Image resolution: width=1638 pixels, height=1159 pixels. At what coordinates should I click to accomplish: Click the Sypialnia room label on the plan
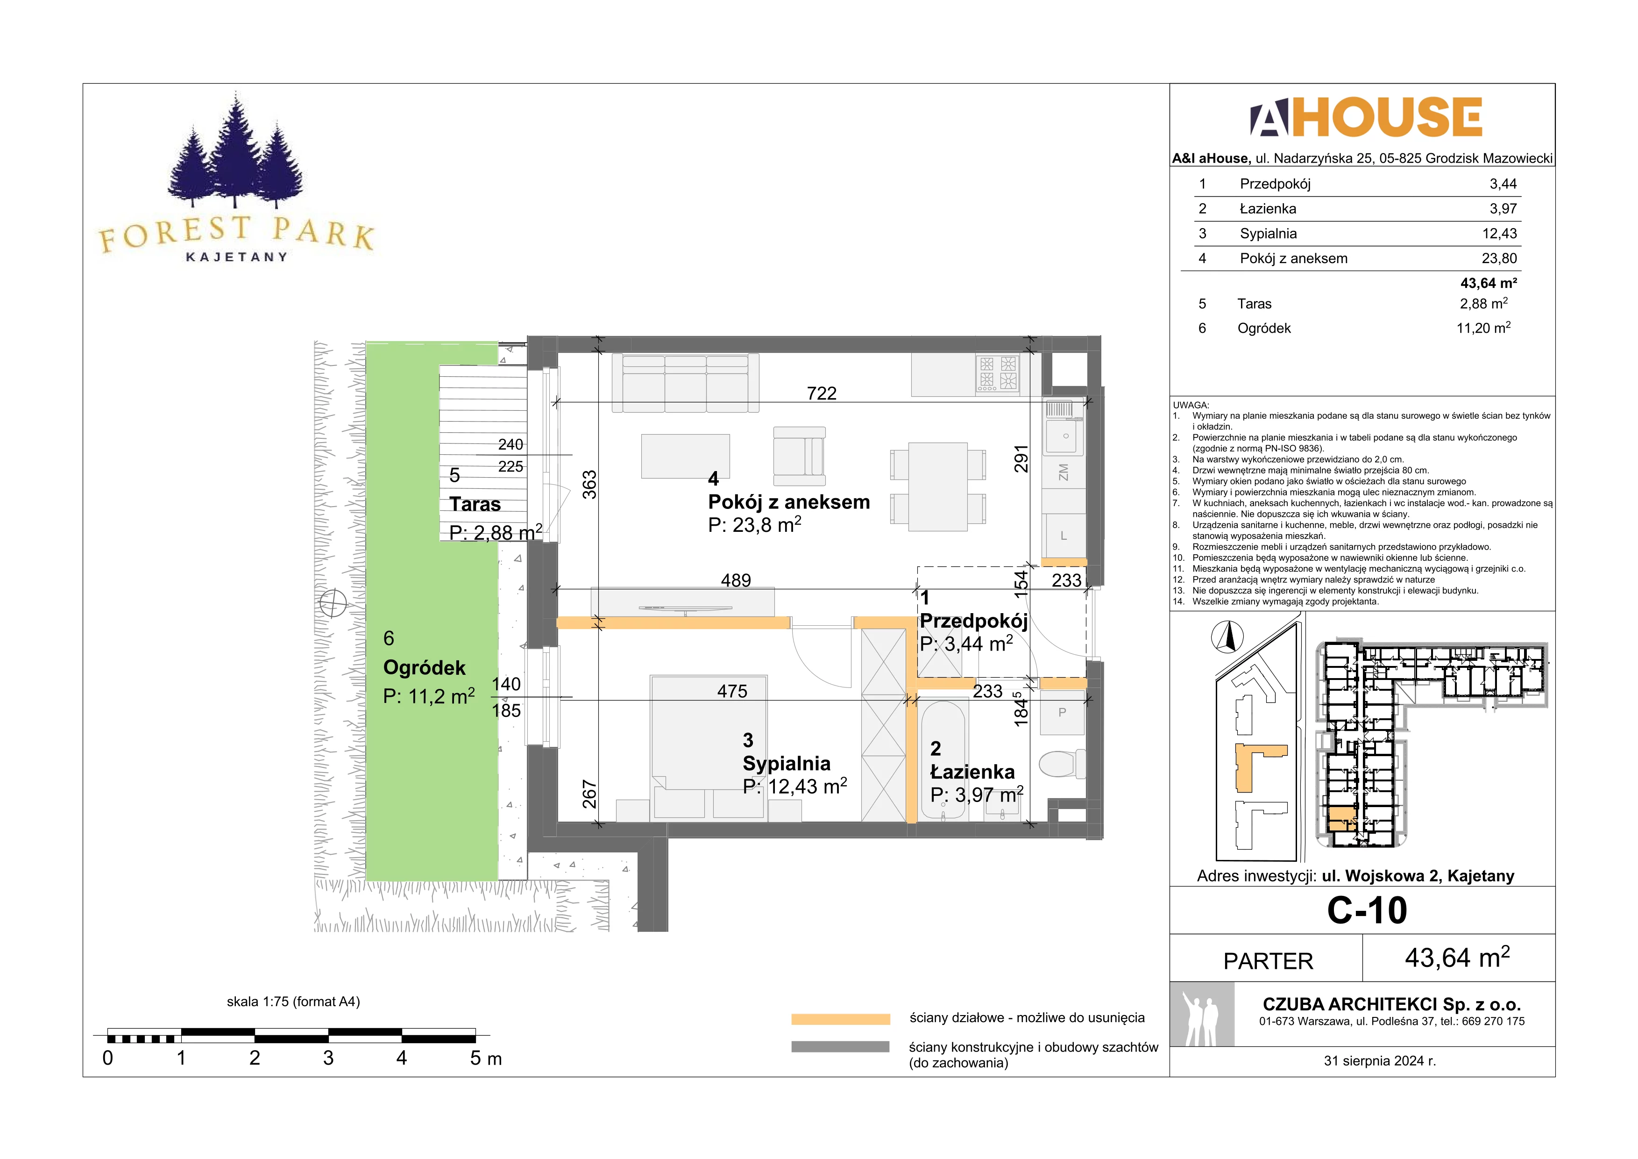(786, 764)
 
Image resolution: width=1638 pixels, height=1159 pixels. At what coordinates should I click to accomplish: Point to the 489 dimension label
(736, 580)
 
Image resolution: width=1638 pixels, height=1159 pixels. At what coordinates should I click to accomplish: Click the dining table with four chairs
(938, 486)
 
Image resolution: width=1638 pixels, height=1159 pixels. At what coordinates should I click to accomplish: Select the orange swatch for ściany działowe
(840, 1019)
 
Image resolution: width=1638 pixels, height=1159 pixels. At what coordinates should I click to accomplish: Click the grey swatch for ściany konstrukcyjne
(840, 1047)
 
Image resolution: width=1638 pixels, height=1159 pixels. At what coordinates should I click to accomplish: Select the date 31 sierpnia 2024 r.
(1380, 1061)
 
